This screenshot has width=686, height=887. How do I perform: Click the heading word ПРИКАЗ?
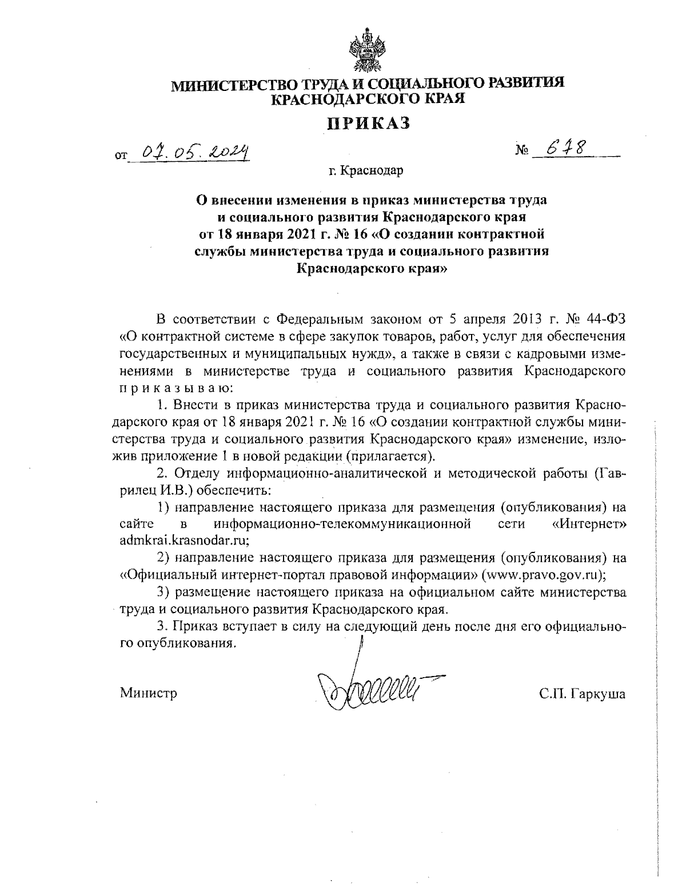(368, 123)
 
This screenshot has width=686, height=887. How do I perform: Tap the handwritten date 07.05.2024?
(197, 152)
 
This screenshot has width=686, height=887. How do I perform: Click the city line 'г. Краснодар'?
(366, 170)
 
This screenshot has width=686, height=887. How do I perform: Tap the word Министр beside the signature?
(149, 694)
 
